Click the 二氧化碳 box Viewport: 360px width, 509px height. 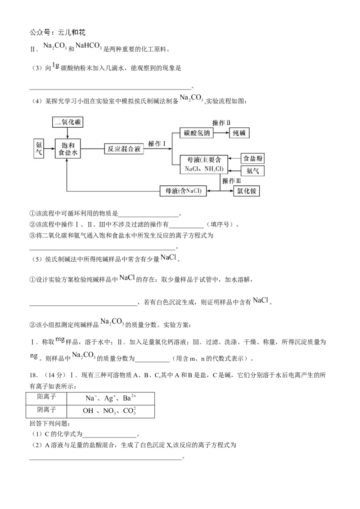pyautogui.click(x=68, y=122)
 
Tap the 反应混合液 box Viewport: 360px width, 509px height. pyautogui.click(x=124, y=149)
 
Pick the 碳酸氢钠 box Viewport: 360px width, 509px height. pyautogui.click(x=197, y=133)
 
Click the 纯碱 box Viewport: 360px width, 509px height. pyautogui.click(x=239, y=133)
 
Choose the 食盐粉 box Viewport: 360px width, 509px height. pyautogui.click(x=253, y=158)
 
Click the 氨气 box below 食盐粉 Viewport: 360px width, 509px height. pyautogui.click(x=253, y=171)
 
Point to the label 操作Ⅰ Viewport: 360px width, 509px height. pyautogui.click(x=157, y=143)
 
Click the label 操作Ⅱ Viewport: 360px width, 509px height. pyautogui.click(x=221, y=123)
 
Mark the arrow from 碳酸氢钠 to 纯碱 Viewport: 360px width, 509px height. pyautogui.click(x=220, y=133)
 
